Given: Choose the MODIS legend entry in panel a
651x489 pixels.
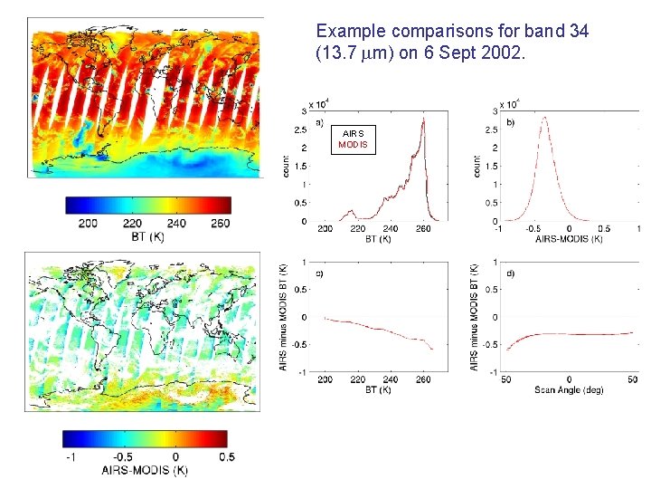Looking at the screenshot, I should point(353,144).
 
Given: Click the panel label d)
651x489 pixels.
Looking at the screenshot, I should point(511,273).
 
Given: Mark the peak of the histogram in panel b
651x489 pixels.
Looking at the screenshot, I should point(542,117).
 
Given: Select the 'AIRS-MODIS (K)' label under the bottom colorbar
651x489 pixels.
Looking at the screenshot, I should point(146,471).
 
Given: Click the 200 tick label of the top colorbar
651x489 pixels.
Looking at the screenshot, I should point(89,224).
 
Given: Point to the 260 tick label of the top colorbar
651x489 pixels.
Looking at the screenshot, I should point(219,224).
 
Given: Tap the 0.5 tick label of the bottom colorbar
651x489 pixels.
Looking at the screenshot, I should point(225,456).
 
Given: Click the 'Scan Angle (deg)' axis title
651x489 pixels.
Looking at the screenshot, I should point(568,389).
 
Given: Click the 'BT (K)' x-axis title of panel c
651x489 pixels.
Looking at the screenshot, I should point(380,389).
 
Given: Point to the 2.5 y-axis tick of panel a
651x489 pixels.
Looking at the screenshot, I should point(301,129).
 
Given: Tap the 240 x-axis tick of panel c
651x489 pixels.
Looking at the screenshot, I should point(391,379).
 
